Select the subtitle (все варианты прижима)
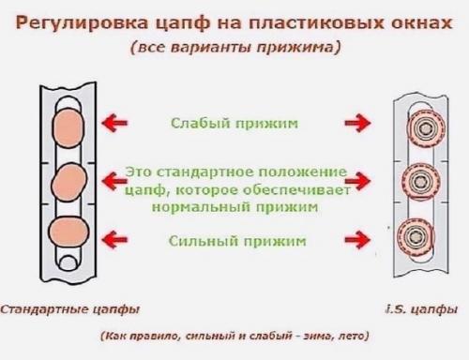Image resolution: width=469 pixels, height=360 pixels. (234, 47)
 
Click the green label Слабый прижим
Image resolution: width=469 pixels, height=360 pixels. (235, 123)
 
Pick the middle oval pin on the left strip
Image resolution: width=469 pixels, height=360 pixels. (68, 180)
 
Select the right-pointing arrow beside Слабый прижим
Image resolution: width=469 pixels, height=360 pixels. (357, 123)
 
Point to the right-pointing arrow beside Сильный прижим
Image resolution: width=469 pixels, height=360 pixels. (357, 241)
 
